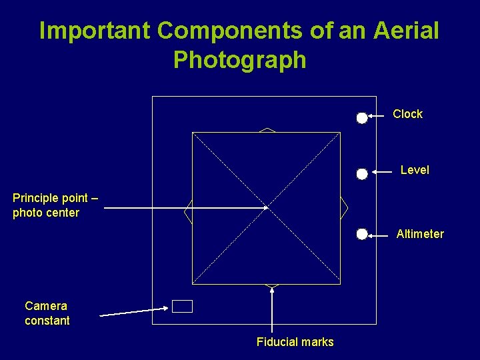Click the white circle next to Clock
(x=361, y=118)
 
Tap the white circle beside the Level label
(x=361, y=174)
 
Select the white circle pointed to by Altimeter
(x=361, y=234)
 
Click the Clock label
(x=407, y=114)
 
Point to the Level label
(x=415, y=170)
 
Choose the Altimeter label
(x=420, y=234)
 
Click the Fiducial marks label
(x=295, y=342)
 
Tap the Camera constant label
(x=47, y=313)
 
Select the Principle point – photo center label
(x=55, y=205)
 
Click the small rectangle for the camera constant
(x=182, y=306)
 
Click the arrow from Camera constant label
(x=133, y=311)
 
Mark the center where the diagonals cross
(x=267, y=208)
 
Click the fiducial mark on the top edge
(x=267, y=130)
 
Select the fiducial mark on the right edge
(x=344, y=208)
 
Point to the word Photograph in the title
(x=240, y=60)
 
